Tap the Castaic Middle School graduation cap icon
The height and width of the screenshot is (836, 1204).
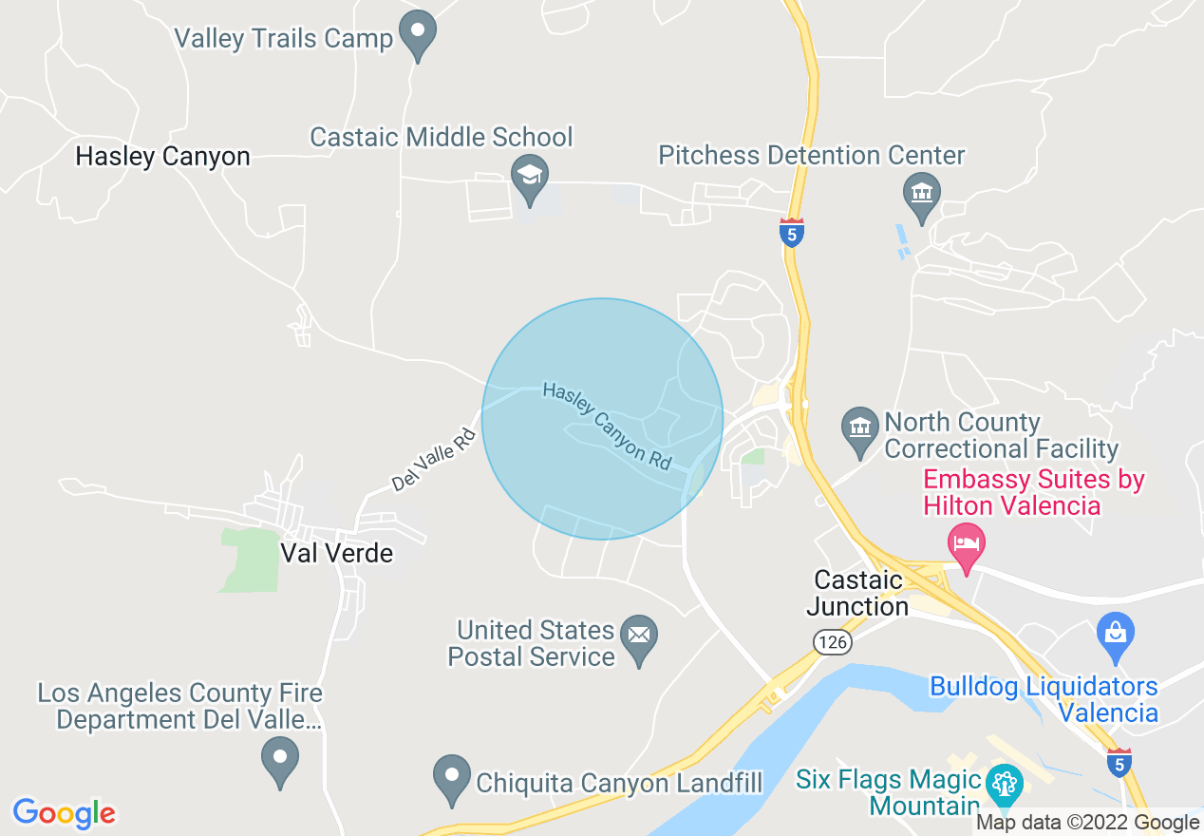pos(530,176)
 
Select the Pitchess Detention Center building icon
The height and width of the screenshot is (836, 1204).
pos(920,193)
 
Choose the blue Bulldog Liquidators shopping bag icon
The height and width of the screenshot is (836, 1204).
pos(1115,632)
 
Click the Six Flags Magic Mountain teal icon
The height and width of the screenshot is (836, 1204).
pos(1003,786)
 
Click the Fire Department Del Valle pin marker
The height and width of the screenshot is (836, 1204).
pos(280,760)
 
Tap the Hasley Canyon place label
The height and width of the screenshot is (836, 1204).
pos(162,157)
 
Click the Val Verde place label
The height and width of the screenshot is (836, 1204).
pos(336,553)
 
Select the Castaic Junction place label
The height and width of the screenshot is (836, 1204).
pos(858,593)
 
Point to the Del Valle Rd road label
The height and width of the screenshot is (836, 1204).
pos(433,458)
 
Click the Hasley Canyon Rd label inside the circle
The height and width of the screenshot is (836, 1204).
pos(607,426)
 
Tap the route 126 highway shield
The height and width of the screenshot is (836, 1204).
pos(832,643)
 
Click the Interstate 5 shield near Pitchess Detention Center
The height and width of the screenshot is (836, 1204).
pos(792,232)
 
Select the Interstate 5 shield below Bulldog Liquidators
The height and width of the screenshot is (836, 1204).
pos(1120,762)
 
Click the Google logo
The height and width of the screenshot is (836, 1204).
pos(64,813)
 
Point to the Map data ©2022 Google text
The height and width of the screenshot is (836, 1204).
pos(1088,823)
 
